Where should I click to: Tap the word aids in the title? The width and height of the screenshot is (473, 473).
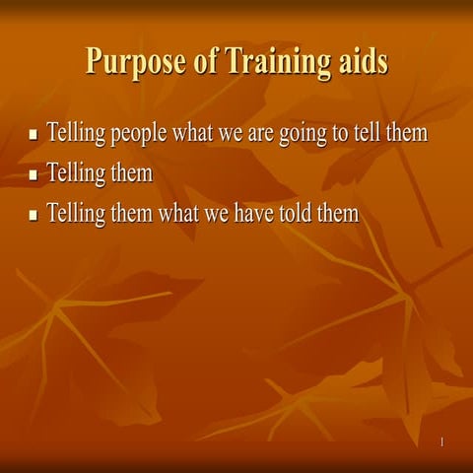[358, 61]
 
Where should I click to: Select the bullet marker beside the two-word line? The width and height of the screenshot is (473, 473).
[34, 175]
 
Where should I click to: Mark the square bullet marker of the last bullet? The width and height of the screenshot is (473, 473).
[34, 215]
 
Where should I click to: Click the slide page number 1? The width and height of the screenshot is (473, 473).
[441, 442]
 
